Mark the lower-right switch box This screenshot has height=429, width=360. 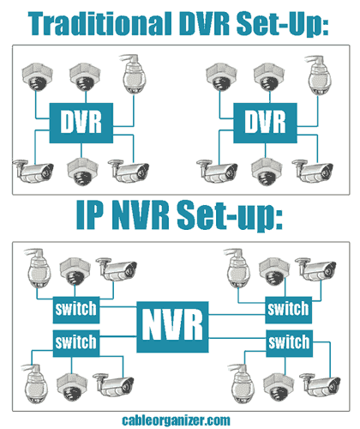point(286,342)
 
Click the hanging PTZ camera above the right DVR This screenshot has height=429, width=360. point(318,76)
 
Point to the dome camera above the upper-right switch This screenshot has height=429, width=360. point(273,269)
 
